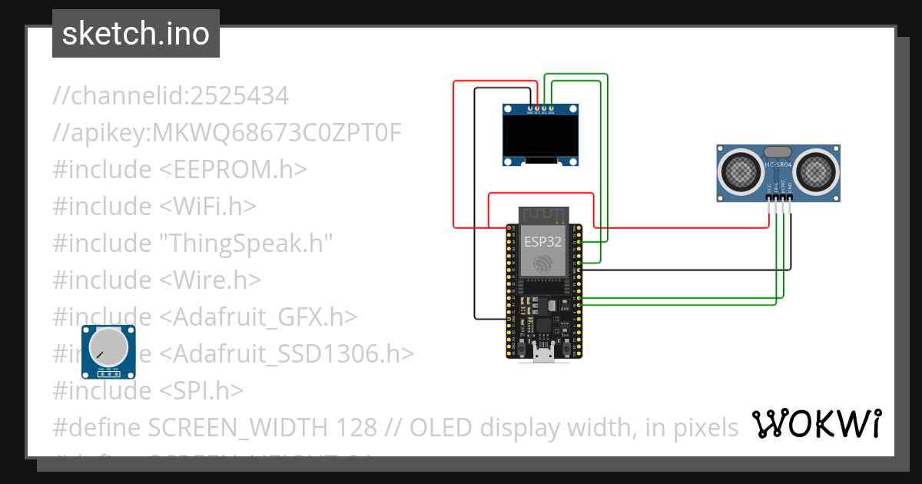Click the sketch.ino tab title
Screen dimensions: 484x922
(135, 35)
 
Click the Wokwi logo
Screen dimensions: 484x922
(817, 423)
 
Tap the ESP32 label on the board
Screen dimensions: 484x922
(543, 240)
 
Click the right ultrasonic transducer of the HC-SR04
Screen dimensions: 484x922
(814, 171)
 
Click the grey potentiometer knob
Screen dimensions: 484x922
(109, 346)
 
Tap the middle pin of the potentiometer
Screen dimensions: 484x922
(109, 373)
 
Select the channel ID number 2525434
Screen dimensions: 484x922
(240, 96)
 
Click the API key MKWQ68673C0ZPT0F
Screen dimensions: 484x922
(278, 133)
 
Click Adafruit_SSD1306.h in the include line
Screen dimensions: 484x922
(287, 353)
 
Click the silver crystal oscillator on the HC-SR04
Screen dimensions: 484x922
(778, 152)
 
